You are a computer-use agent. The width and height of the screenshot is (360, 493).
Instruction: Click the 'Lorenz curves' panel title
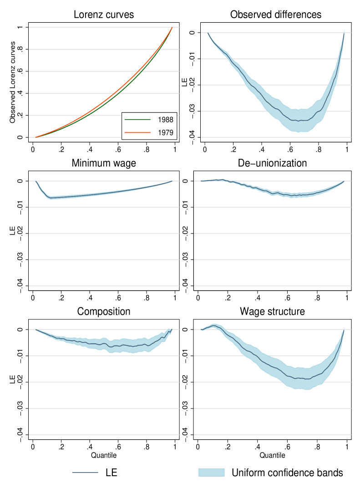(x=104, y=15)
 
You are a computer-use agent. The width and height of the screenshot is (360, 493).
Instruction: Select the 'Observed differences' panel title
(x=276, y=15)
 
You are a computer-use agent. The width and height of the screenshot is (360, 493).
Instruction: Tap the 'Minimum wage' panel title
(x=104, y=163)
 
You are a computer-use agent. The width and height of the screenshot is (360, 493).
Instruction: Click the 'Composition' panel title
(x=104, y=312)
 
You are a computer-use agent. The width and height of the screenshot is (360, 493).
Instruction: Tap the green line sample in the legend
(x=137, y=120)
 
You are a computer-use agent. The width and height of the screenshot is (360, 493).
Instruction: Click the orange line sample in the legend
(x=137, y=133)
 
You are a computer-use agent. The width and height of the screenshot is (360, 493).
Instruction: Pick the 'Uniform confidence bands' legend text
(x=287, y=473)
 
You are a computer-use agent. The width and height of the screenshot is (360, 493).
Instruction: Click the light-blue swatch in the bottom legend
(x=212, y=473)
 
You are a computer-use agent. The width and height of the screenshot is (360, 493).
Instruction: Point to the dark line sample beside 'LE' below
(x=85, y=473)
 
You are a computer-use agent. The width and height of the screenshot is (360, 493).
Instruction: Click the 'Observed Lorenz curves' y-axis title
(x=13, y=82)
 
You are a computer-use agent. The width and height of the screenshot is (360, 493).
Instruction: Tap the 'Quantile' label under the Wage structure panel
(x=272, y=455)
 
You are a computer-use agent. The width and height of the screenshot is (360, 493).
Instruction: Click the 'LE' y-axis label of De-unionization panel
(x=184, y=233)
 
